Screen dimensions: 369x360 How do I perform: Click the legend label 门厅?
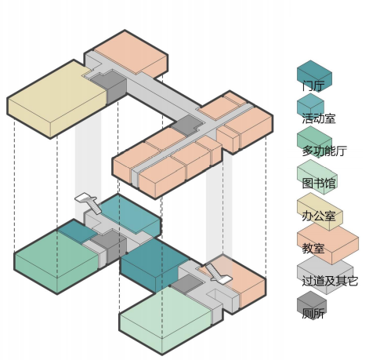[313, 85]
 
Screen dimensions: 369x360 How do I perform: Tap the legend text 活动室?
[319, 118]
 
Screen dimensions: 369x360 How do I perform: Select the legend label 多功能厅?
[324, 151]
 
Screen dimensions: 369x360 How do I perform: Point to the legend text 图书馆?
[319, 183]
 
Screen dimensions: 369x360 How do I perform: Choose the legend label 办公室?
[319, 216]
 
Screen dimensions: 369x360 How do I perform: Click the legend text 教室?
[313, 248]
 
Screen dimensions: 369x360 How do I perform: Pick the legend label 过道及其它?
[330, 281]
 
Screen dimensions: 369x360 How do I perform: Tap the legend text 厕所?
[313, 313]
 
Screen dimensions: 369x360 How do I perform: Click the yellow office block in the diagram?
[56, 100]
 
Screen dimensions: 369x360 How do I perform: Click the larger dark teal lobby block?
[154, 264]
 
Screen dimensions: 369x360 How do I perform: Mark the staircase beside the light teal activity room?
[88, 202]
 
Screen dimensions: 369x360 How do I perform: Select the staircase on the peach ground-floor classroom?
[218, 274]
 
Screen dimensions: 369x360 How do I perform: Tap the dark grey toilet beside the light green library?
[187, 284]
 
